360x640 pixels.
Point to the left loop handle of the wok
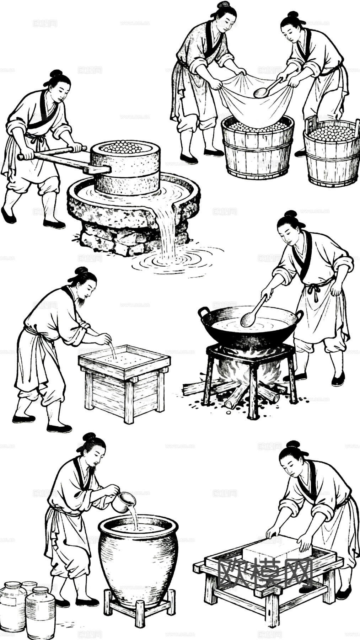tap(204, 313)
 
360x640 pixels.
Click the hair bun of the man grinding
tap(56, 74)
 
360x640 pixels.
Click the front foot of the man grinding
tap(54, 224)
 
